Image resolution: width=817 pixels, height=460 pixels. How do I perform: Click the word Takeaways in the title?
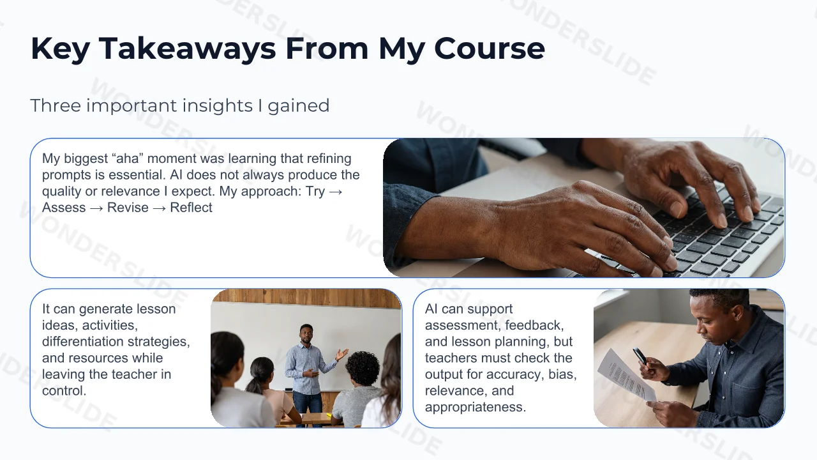pos(187,49)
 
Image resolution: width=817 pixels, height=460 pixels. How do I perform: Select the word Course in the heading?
pos(490,49)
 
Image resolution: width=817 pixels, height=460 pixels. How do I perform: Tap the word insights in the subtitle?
pos(218,105)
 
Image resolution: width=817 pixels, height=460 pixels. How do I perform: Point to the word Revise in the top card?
pos(128,208)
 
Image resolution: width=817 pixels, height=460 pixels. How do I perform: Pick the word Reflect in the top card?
pos(191,208)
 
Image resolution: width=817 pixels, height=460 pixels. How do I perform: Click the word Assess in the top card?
pos(64,208)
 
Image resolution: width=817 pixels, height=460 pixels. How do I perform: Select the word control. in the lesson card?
pos(64,390)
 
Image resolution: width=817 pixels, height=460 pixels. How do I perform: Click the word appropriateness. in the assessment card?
pos(476,407)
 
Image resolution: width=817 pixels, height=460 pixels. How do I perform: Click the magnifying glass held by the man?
pos(640,356)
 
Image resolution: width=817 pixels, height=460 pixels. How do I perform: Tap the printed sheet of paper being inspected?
pos(626,376)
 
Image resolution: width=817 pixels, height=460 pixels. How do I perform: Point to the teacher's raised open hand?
pos(341,354)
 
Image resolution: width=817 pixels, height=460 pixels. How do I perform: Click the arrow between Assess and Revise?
pos(96,208)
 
